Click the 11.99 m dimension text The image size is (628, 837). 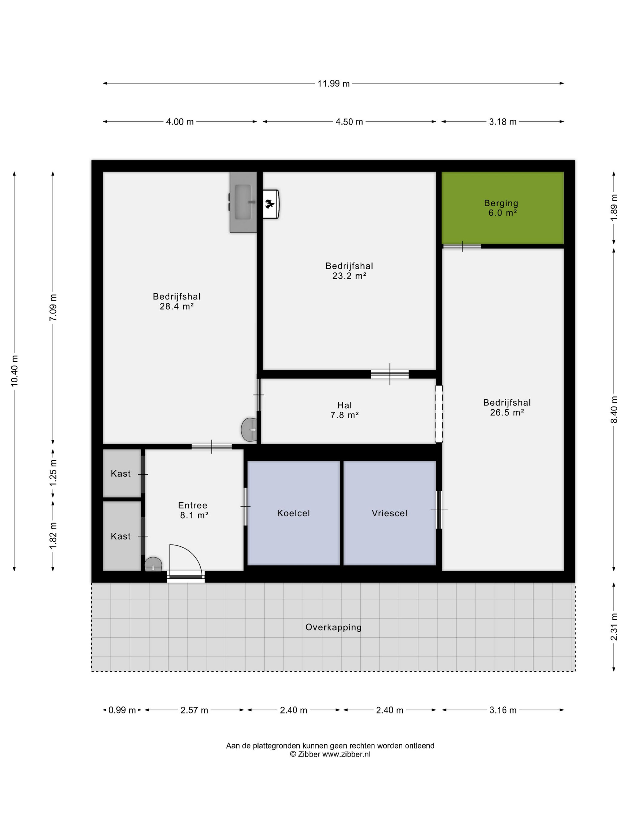click(333, 84)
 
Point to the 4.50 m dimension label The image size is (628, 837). click(349, 122)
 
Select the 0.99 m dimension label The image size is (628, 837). click(122, 710)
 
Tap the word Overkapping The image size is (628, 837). click(333, 627)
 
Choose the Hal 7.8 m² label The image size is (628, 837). click(345, 410)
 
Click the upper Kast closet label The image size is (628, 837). click(121, 474)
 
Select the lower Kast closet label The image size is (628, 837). click(121, 536)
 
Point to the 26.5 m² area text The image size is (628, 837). click(507, 413)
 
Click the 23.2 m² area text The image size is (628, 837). click(349, 276)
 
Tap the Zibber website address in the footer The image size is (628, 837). click(346, 754)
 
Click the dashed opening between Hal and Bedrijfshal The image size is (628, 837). click(439, 414)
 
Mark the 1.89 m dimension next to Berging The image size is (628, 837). click(614, 208)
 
